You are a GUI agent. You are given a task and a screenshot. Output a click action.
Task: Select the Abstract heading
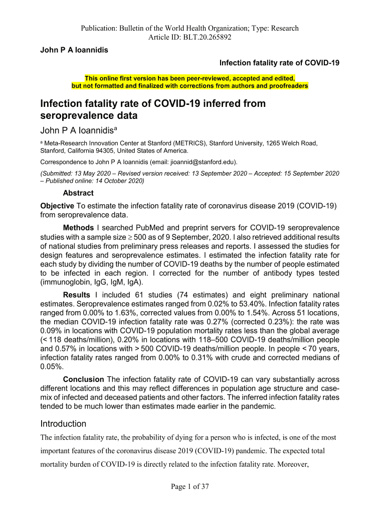pyautogui.click(x=78, y=193)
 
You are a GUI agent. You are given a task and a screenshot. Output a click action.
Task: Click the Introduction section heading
pyautogui.click(x=63, y=424)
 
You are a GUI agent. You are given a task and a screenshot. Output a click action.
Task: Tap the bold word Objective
pyautogui.click(x=57, y=206)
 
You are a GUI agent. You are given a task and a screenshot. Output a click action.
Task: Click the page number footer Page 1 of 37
pyautogui.click(x=193, y=486)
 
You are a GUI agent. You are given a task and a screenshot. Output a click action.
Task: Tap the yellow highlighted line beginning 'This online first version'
pyautogui.click(x=190, y=79)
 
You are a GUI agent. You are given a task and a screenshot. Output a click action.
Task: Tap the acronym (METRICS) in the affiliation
pyautogui.click(x=186, y=143)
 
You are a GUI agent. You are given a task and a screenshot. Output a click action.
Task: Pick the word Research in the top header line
pyautogui.click(x=282, y=28)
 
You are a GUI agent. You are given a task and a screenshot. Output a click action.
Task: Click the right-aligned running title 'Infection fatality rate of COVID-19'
pyautogui.click(x=280, y=63)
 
